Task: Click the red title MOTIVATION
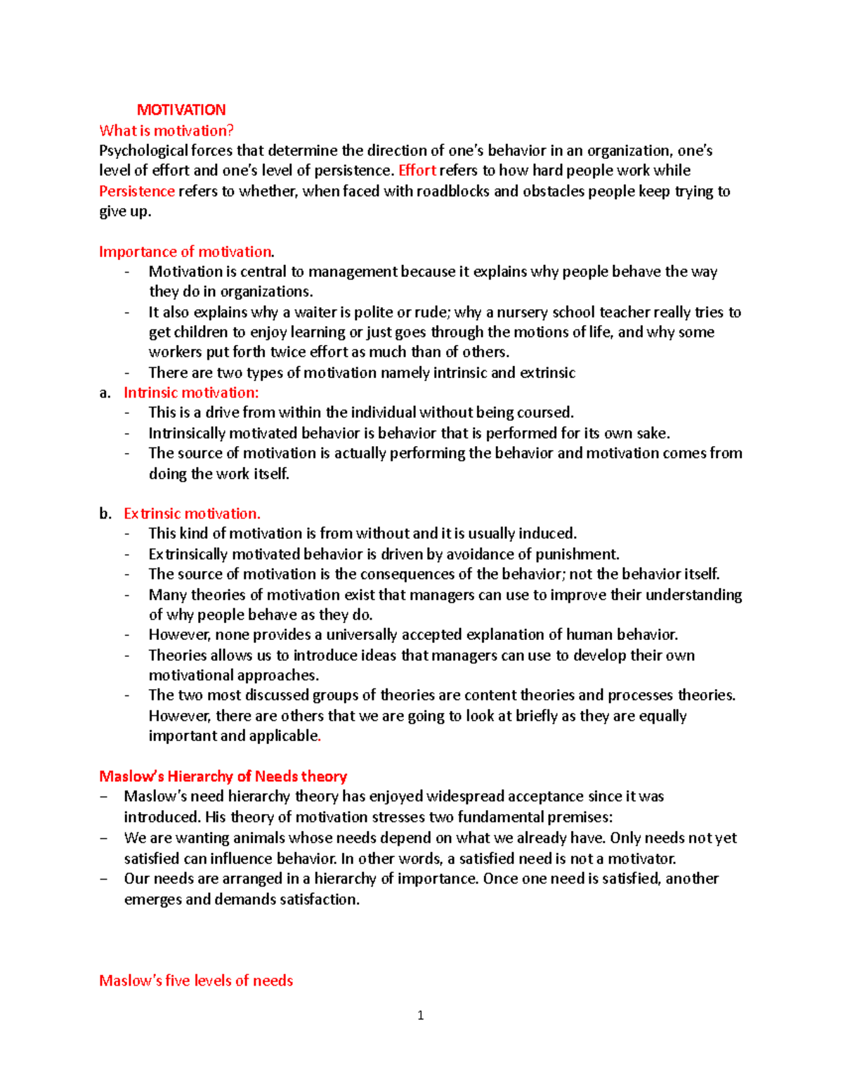pos(181,110)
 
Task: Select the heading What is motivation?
pos(166,130)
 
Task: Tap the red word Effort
pos(417,171)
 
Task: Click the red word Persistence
pos(136,191)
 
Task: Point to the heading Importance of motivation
pos(186,251)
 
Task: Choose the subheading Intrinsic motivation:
pos(191,393)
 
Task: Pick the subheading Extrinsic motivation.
pos(192,514)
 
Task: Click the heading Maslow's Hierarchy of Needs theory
pos(223,776)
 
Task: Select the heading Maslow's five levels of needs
pos(196,981)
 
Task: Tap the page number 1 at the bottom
pos(420,1015)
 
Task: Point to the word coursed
pos(545,412)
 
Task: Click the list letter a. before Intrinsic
pos(105,393)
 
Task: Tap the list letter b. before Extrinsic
pos(105,514)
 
